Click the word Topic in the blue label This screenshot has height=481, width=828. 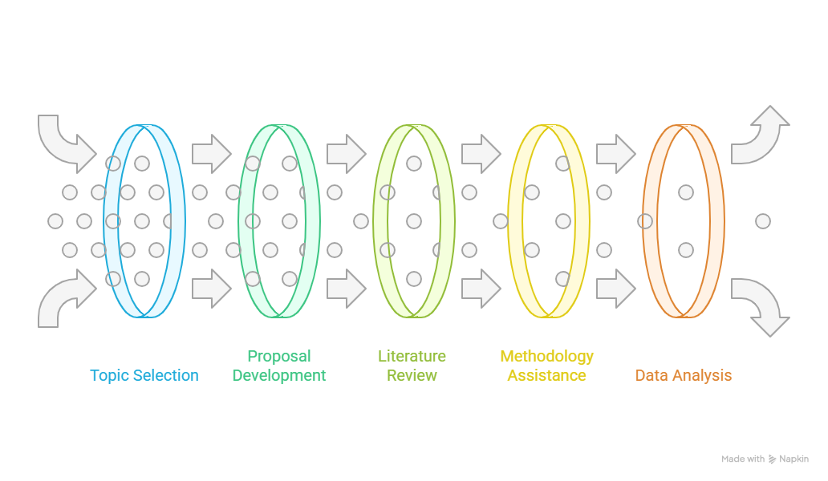click(110, 375)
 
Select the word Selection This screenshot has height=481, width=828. click(166, 375)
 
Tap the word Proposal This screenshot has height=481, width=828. click(279, 357)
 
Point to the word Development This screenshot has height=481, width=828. click(279, 375)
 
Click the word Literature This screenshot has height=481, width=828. click(412, 356)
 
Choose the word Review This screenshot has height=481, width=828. click(412, 375)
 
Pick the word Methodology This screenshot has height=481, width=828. click(546, 357)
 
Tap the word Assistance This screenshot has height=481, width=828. click(546, 375)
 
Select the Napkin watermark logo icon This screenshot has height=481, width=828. click(772, 459)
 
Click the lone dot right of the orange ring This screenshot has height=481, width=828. click(762, 221)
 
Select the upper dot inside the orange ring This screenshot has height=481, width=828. click(685, 192)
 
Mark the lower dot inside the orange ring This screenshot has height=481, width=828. click(685, 250)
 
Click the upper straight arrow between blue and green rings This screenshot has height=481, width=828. click(212, 153)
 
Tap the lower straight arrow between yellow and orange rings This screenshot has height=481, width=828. click(615, 289)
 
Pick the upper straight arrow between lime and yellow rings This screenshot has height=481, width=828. click(481, 153)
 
